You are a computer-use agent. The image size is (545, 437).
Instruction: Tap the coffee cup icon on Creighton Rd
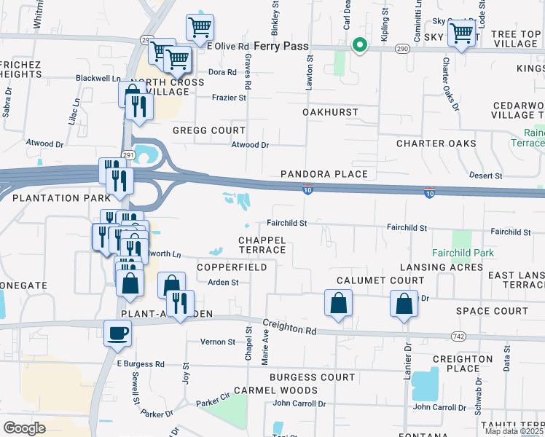118,334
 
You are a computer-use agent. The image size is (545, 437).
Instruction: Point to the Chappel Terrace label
262,245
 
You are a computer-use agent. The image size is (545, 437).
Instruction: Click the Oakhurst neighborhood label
331,112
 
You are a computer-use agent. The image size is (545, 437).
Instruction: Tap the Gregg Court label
209,130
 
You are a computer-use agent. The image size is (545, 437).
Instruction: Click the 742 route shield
458,335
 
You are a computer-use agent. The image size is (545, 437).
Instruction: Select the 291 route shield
128,155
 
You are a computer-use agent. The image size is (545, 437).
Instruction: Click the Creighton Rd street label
290,328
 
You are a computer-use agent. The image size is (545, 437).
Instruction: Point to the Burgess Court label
312,377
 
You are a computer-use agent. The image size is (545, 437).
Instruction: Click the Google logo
24,428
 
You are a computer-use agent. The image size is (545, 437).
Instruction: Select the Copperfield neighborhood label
232,267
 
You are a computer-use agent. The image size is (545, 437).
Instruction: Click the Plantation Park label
56,198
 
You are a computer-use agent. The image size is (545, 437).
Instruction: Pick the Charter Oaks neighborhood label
436,143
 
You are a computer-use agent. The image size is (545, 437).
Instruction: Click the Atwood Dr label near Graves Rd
250,145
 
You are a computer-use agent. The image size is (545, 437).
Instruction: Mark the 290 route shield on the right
401,48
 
